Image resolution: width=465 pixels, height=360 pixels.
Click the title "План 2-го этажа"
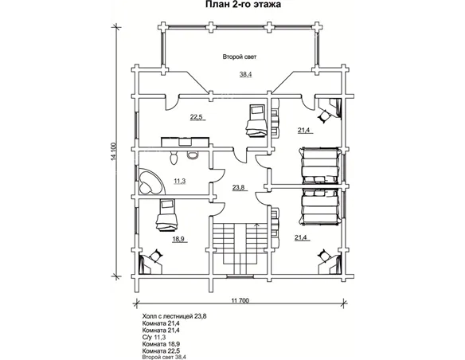[x=243, y=5]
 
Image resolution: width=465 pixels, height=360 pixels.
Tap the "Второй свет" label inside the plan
[x=240, y=57]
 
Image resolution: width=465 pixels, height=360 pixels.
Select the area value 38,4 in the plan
[x=245, y=75]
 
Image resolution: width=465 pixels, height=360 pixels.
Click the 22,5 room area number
[x=196, y=117]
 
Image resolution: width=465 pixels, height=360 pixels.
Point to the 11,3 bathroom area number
[x=179, y=181]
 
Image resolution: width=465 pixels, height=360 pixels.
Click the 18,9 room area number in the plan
[x=178, y=239]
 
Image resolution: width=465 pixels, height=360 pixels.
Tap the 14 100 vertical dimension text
[x=113, y=152]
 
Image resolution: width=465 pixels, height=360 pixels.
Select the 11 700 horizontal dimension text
[x=240, y=301]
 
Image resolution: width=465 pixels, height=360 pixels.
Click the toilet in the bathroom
[x=174, y=157]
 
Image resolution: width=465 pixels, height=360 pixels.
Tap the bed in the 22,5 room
[x=256, y=119]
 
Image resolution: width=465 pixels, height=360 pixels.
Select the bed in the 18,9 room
[x=166, y=215]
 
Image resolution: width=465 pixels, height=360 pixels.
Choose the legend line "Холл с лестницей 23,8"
[x=174, y=316]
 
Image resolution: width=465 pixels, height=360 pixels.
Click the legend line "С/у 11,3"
[x=154, y=337]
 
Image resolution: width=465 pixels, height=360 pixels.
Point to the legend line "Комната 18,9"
[x=162, y=344]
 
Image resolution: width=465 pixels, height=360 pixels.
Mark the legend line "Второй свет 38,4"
[x=164, y=358]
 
